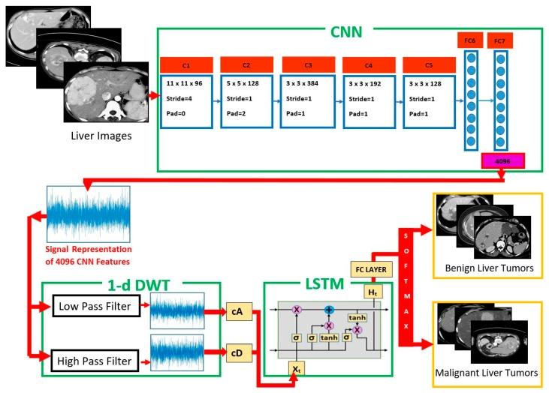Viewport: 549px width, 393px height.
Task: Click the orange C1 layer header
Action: coord(186,64)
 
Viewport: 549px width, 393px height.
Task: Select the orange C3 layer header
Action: coord(307,64)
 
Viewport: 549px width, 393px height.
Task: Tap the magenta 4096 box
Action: coord(502,160)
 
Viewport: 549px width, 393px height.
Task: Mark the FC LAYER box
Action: coord(371,268)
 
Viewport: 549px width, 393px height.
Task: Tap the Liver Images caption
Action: coord(101,136)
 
